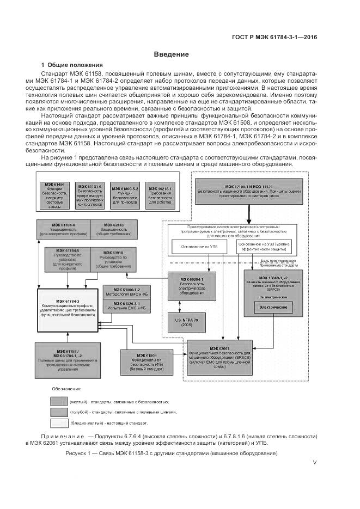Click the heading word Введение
(x=171, y=54)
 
